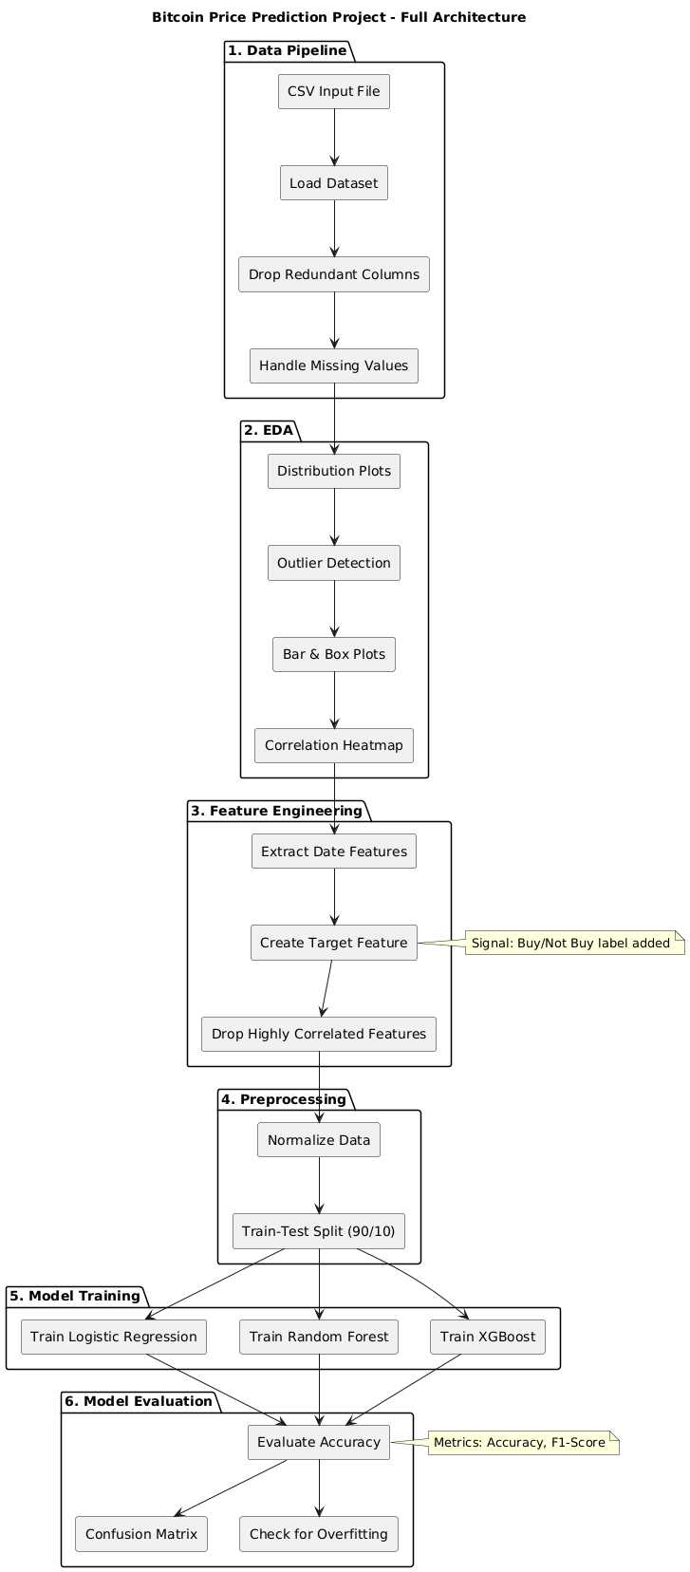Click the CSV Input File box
tap(333, 92)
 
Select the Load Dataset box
tap(333, 183)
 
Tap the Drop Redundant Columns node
tap(333, 274)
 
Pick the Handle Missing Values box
tap(333, 365)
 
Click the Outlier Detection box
tap(333, 563)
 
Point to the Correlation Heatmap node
tap(333, 745)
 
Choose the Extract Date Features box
tap(333, 851)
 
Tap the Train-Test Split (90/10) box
tap(319, 1231)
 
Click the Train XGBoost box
tap(488, 1337)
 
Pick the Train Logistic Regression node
tap(114, 1337)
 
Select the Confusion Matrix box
tap(141, 1534)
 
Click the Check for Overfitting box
tap(319, 1534)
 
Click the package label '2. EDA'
tap(270, 430)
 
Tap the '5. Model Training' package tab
tap(75, 1296)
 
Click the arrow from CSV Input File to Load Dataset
tap(333, 138)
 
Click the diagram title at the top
tap(339, 17)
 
